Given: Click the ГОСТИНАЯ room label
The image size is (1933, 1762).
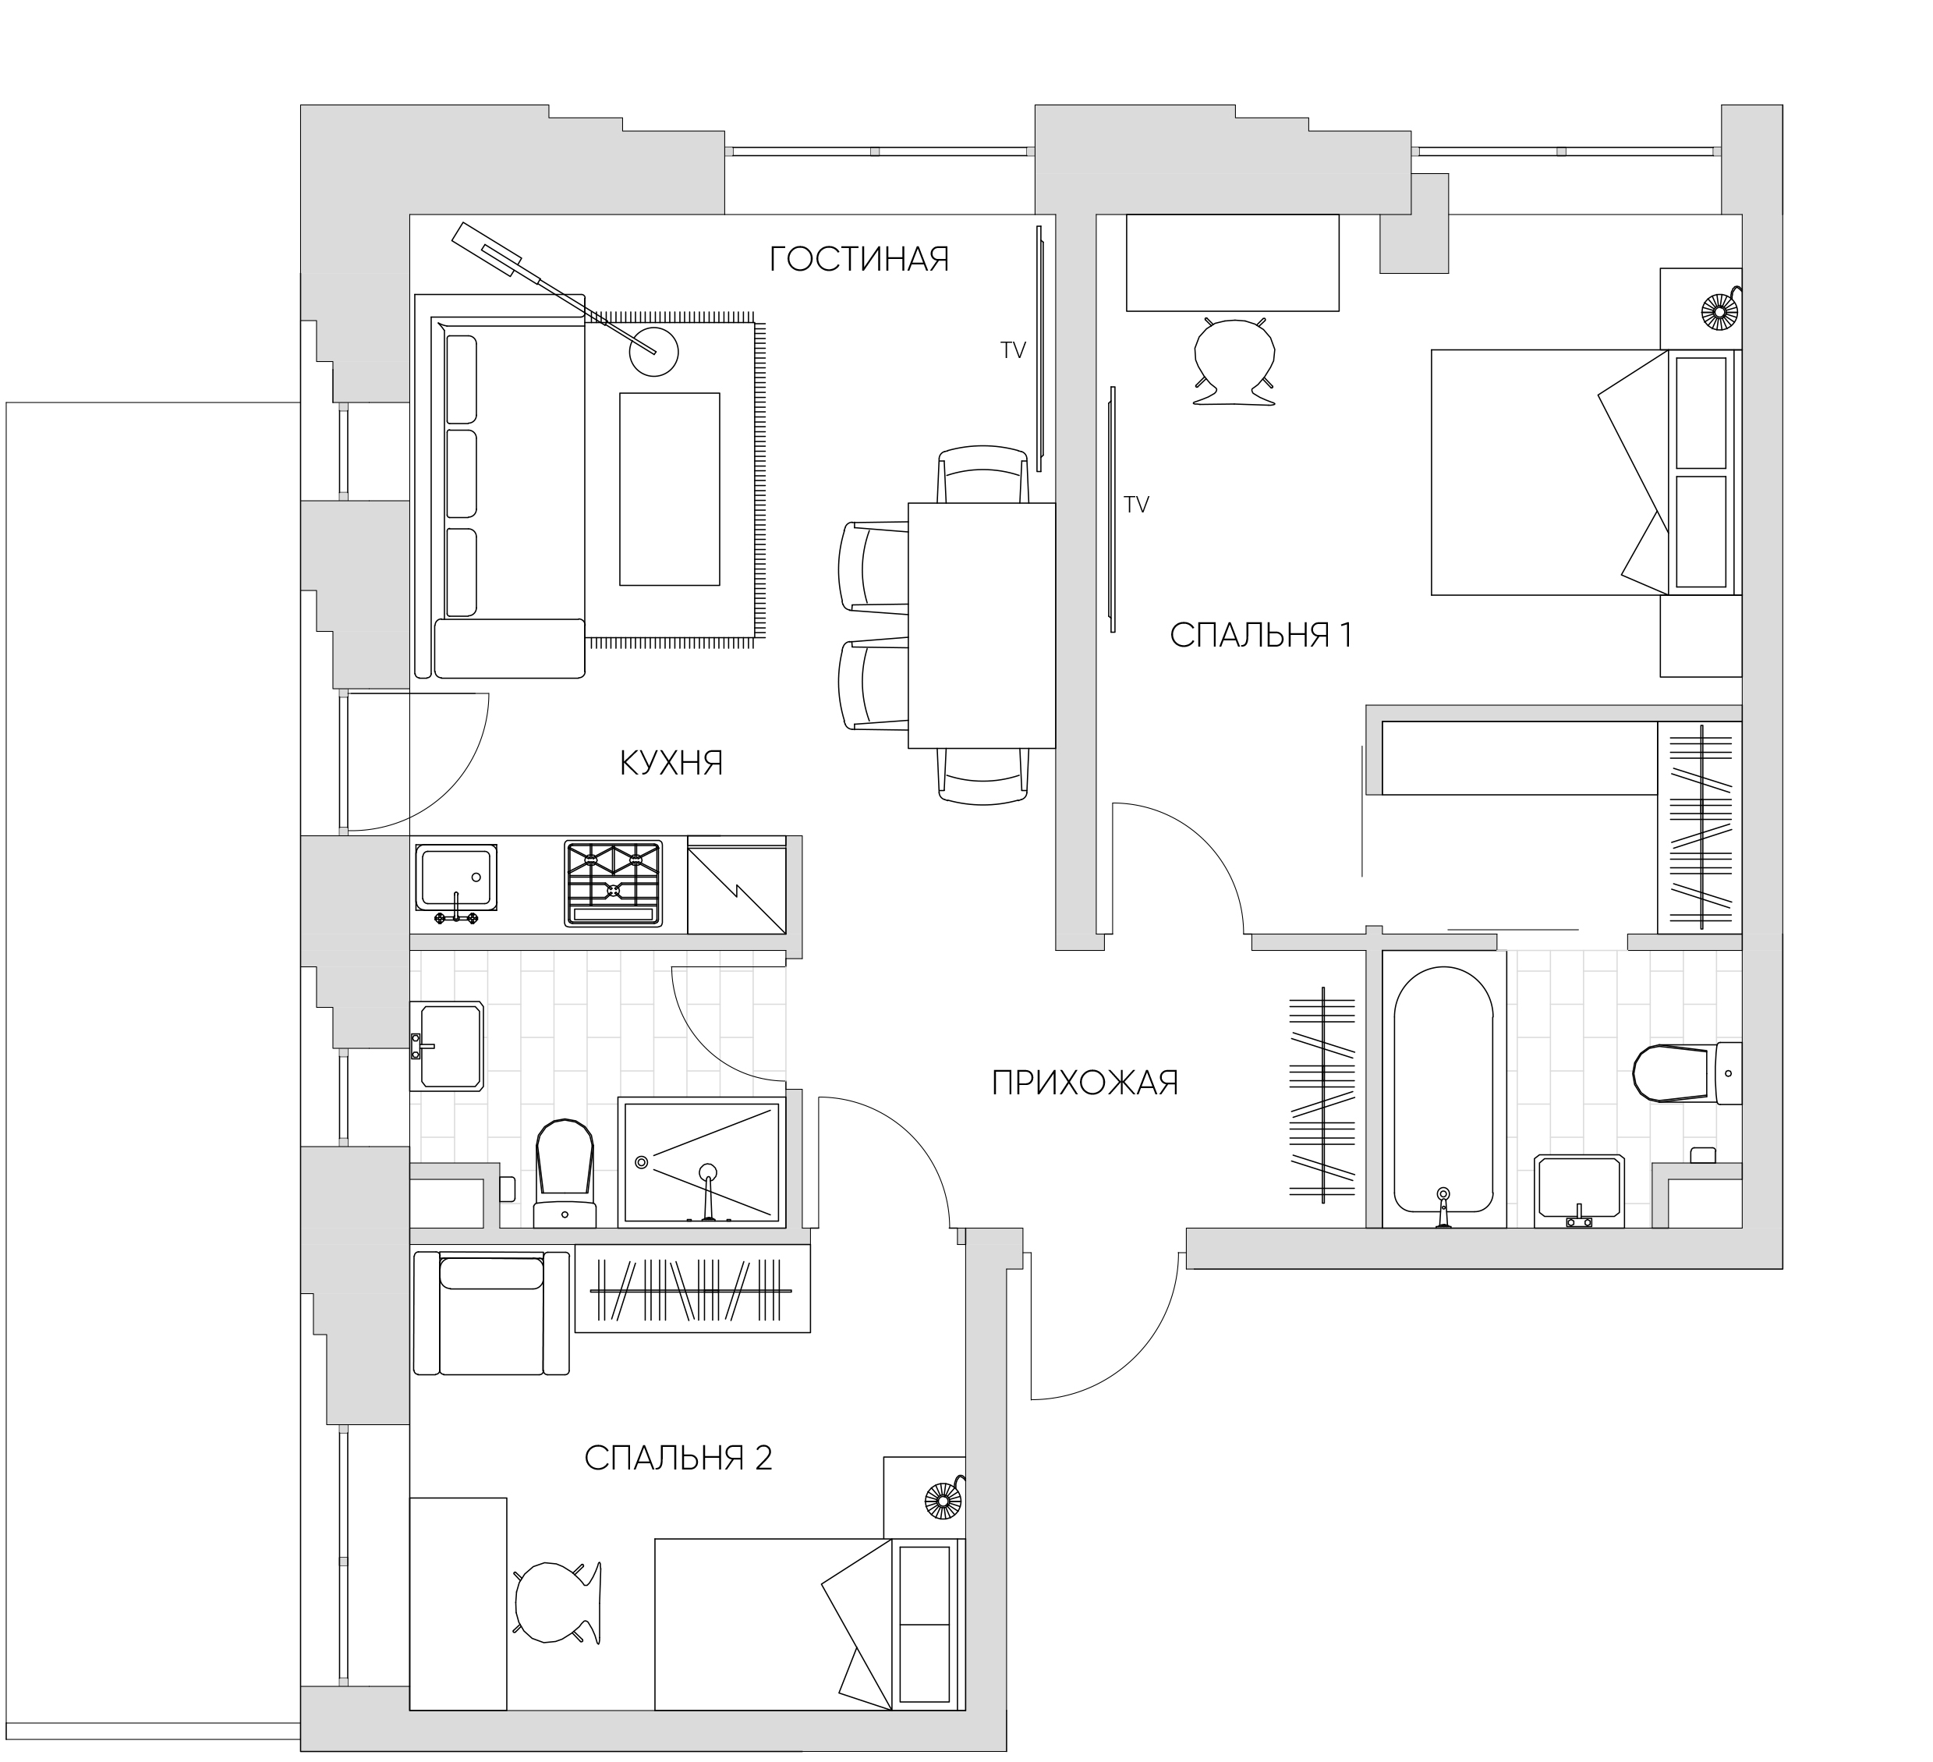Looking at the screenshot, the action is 859,259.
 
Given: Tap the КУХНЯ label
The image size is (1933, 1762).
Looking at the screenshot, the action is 671,764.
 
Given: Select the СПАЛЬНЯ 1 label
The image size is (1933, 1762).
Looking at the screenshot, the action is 1261,635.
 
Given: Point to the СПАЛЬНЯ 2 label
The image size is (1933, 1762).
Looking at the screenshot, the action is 678,1459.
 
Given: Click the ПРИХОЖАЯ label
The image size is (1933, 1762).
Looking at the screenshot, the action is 1085,1084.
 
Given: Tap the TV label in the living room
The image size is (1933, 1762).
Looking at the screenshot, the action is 1014,351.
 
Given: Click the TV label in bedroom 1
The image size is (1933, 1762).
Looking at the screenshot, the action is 1136,505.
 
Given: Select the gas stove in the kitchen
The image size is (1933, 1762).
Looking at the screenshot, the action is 614,884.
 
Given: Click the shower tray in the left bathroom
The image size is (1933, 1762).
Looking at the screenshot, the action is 702,1162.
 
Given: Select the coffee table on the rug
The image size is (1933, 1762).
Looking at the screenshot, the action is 669,489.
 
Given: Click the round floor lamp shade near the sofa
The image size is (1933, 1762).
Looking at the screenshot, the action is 654,352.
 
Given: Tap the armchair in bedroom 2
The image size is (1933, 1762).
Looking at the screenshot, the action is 491,1313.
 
